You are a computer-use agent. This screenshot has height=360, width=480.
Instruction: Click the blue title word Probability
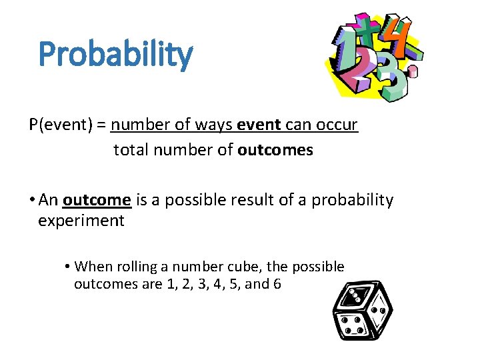coord(115,55)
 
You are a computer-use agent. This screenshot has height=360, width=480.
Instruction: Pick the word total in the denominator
coord(131,150)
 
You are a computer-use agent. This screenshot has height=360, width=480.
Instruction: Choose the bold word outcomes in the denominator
coord(275,150)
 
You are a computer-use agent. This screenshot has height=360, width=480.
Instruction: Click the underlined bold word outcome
coord(97,200)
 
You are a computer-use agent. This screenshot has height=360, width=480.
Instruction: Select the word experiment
coord(81,221)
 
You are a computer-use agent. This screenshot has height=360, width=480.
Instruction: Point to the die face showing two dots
coord(381,313)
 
